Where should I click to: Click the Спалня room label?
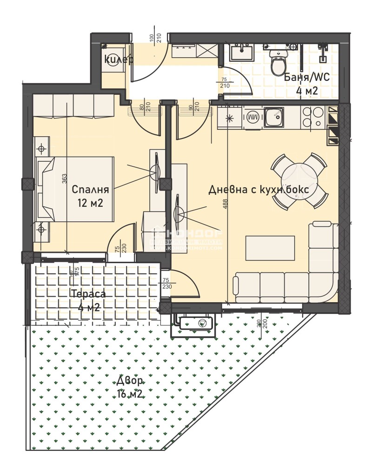point(90,190)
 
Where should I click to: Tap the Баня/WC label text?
point(306,78)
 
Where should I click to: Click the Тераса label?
point(88,294)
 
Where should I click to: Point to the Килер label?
point(118,59)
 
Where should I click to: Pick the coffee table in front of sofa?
point(270,248)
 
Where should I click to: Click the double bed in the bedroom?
point(77,188)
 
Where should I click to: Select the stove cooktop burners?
point(312,117)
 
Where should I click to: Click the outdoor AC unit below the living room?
point(196,322)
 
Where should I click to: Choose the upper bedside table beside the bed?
point(41,149)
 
